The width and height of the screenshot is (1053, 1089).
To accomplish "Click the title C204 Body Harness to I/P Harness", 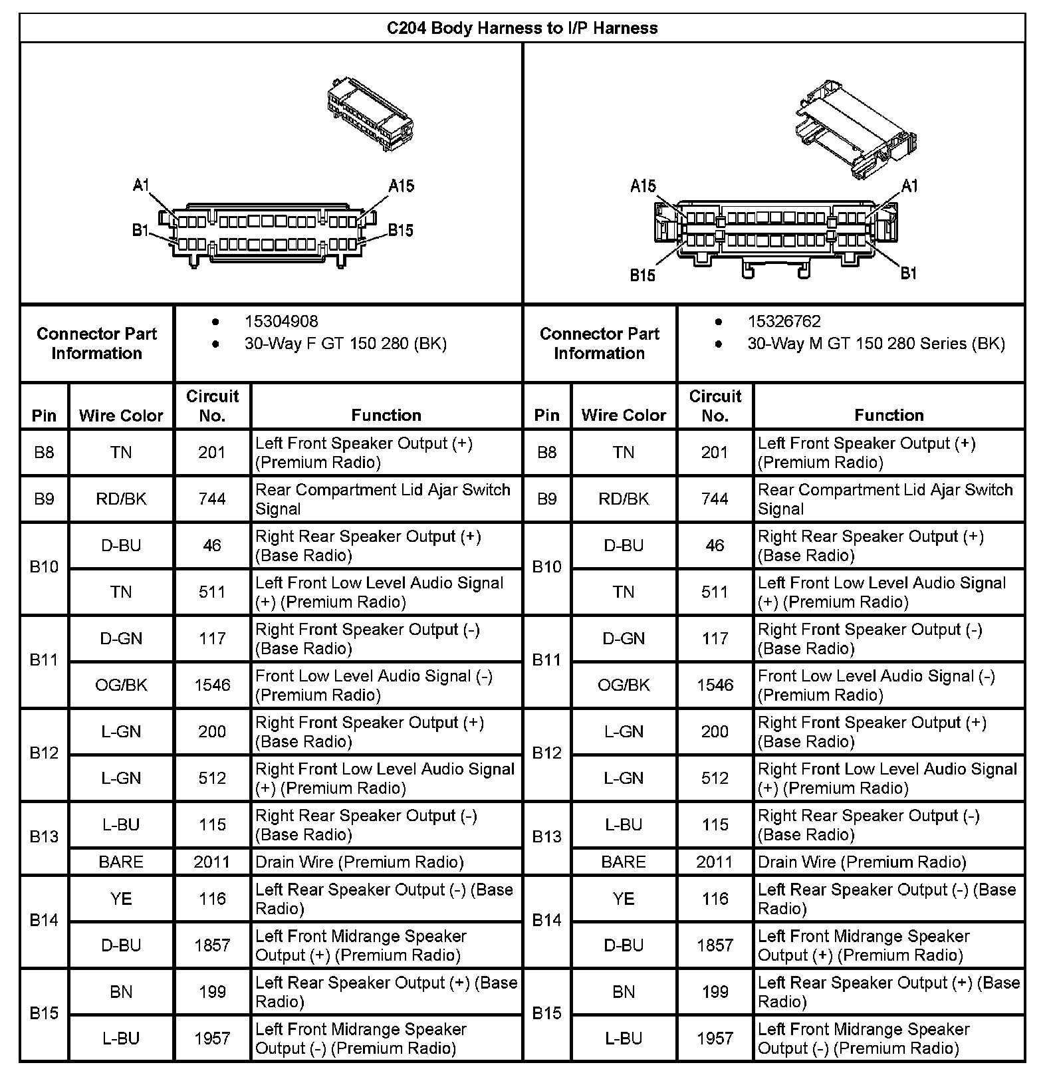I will (523, 28).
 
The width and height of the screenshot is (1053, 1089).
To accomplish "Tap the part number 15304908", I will (281, 322).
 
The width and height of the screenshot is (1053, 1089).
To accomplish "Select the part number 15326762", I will (784, 322).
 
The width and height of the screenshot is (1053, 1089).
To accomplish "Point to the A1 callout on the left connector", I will (141, 185).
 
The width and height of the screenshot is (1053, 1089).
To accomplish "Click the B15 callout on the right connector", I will (643, 275).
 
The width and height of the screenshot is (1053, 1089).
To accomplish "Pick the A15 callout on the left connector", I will (402, 185).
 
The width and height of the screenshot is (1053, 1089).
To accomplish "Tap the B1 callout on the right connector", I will (909, 273).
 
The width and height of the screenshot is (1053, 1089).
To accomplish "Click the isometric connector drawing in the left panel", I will (370, 118).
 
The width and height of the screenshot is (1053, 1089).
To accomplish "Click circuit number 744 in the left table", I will (212, 499).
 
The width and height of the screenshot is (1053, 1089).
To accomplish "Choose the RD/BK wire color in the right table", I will (624, 499).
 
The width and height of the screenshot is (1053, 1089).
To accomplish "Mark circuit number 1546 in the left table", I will (212, 685).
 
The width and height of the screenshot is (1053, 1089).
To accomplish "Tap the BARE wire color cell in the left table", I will (121, 862).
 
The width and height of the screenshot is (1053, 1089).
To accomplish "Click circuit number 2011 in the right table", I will (715, 862).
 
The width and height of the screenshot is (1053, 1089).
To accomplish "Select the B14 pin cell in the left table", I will (44, 921).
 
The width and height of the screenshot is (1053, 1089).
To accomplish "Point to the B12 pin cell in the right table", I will (546, 753).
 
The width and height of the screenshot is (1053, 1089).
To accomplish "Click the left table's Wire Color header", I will (121, 416).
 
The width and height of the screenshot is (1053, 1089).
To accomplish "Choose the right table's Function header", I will (889, 416).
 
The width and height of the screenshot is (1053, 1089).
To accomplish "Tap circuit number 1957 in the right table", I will (715, 1038).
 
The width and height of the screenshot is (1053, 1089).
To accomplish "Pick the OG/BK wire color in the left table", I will (121, 685).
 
